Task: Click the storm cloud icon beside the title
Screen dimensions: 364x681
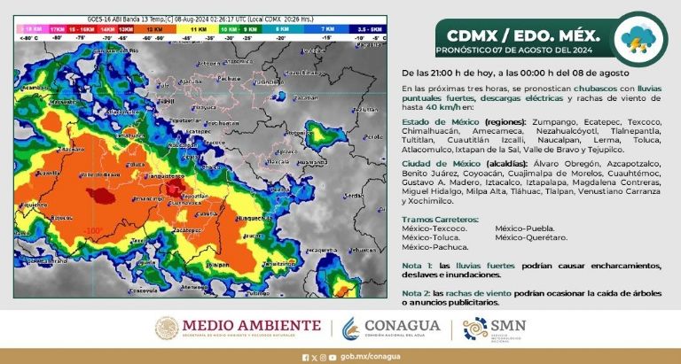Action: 641,39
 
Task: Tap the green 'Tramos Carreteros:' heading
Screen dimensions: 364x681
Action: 440,218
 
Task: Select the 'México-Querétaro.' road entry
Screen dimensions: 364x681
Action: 530,237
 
